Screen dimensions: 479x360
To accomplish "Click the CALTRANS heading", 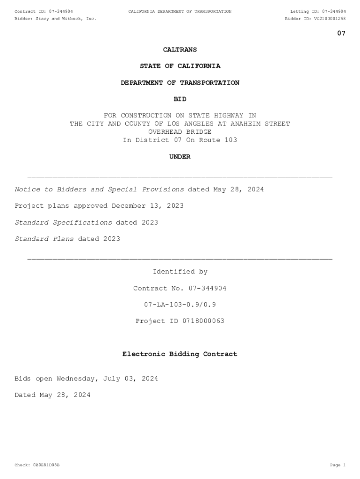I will (x=180, y=50).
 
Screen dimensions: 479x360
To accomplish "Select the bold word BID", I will (x=180, y=99).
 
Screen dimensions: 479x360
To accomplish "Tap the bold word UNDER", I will (x=180, y=157).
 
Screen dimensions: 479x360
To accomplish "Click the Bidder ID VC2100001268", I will (x=330, y=19).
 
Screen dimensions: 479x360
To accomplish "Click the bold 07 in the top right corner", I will (x=341, y=33).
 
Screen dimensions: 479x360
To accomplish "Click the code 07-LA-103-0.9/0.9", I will (x=180, y=305).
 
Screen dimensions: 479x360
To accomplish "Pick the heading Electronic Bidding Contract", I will (x=180, y=354).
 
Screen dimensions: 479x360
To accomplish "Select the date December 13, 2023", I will (x=148, y=206).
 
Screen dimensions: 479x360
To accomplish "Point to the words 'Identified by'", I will (x=180, y=272).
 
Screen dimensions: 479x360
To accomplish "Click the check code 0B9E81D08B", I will (x=46, y=465).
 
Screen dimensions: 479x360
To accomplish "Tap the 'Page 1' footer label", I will (x=338, y=465).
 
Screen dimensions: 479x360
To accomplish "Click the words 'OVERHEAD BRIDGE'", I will (x=180, y=132).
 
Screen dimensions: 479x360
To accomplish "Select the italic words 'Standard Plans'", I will (x=44, y=239).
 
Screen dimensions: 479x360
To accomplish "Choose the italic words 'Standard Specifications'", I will (x=63, y=223).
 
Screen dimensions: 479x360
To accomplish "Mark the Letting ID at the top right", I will (x=318, y=11).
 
